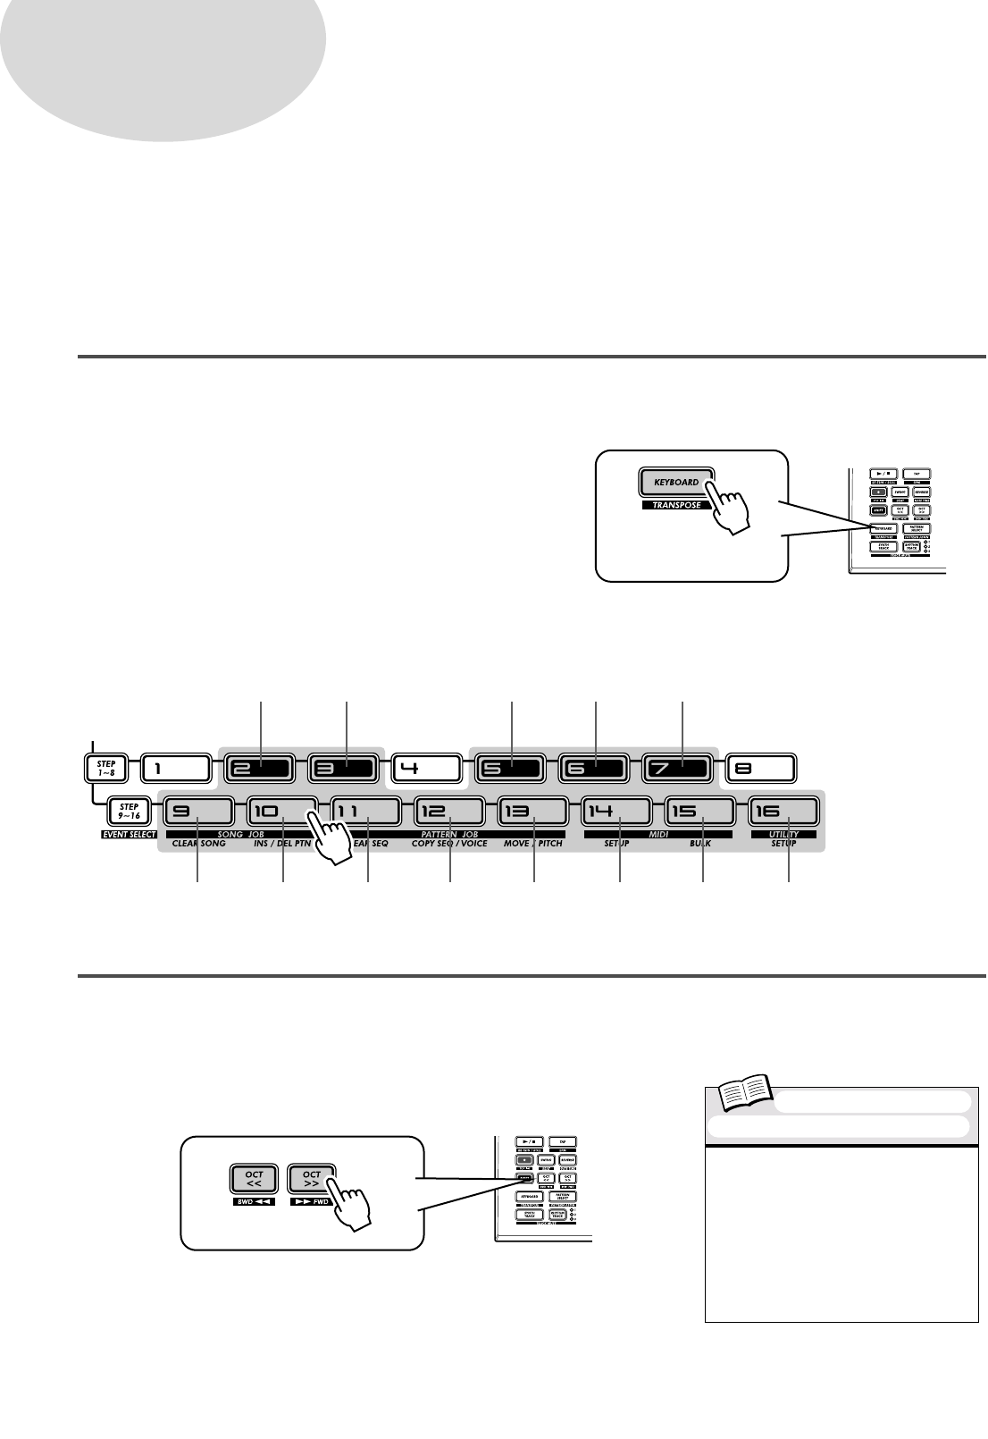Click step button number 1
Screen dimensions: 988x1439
175,768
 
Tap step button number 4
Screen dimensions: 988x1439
426,768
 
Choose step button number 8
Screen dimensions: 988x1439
760,768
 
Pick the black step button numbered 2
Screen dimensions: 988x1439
260,768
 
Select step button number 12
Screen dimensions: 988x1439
449,811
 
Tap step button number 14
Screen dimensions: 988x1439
616,811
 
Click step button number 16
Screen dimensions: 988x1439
783,811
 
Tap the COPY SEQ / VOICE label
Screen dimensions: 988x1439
449,843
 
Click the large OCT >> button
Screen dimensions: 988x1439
312,1179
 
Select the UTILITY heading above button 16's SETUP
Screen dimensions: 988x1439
783,834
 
